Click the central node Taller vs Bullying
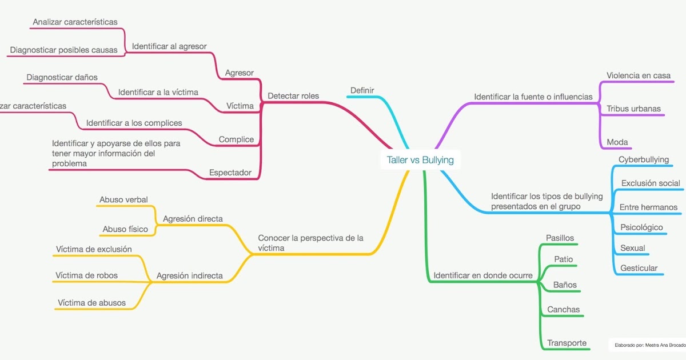pyautogui.click(x=420, y=160)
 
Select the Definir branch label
pyautogui.click(x=362, y=90)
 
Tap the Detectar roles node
pyautogui.click(x=293, y=95)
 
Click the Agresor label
pyautogui.click(x=240, y=73)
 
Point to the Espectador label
pyautogui.click(x=230, y=173)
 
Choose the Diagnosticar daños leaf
pyautogui.click(x=62, y=77)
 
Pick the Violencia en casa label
pyautogui.click(x=639, y=75)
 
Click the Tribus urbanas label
pyautogui.click(x=633, y=109)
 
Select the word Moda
pyautogui.click(x=617, y=142)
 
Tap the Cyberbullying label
pyautogui.click(x=644, y=159)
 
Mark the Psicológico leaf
pyautogui.click(x=641, y=227)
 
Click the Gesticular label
pyautogui.click(x=639, y=268)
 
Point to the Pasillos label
pyautogui.click(x=560, y=238)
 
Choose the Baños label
pyautogui.click(x=565, y=285)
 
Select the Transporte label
pyautogui.click(x=567, y=343)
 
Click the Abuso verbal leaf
pyautogui.click(x=123, y=199)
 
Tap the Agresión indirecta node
pyautogui.click(x=190, y=275)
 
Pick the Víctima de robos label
pyautogui.click(x=86, y=275)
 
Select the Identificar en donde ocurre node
pyautogui.click(x=483, y=275)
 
